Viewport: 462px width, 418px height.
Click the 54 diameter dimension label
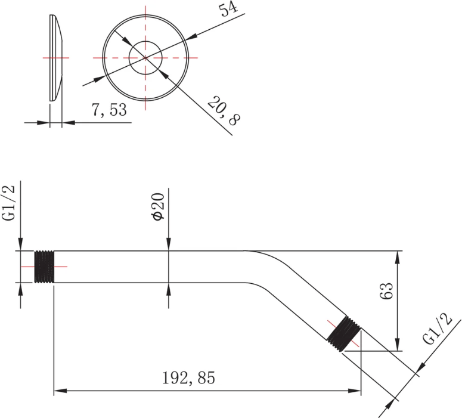228,10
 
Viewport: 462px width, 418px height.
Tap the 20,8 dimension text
224,111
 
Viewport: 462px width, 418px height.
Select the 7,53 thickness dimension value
109,110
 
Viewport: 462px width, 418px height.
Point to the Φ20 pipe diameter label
157,207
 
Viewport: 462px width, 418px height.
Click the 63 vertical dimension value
386,290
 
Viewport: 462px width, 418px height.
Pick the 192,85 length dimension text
188,377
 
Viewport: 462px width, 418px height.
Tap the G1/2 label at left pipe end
8,203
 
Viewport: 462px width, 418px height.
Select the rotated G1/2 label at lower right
437,329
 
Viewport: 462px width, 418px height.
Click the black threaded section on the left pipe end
44,267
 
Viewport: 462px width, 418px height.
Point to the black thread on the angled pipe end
344,334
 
